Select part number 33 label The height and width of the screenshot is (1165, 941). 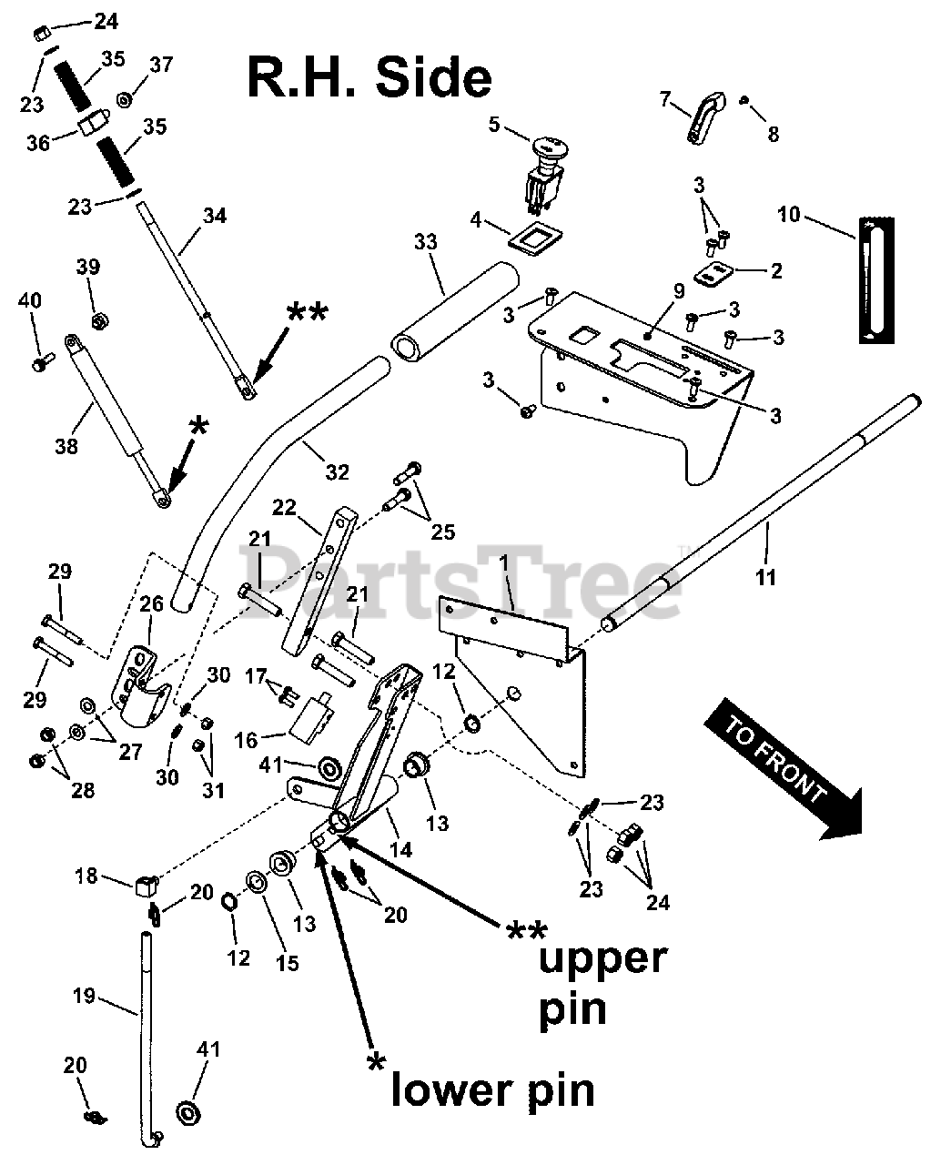coord(426,242)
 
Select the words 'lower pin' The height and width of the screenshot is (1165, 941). coord(492,1089)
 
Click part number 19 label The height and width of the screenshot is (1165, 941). coord(84,997)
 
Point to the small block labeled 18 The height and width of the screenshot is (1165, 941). coord(146,883)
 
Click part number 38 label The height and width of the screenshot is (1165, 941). coord(66,447)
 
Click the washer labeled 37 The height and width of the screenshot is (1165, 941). coord(124,98)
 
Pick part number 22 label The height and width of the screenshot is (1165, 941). coord(285,508)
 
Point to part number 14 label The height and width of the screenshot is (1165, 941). coord(400,850)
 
